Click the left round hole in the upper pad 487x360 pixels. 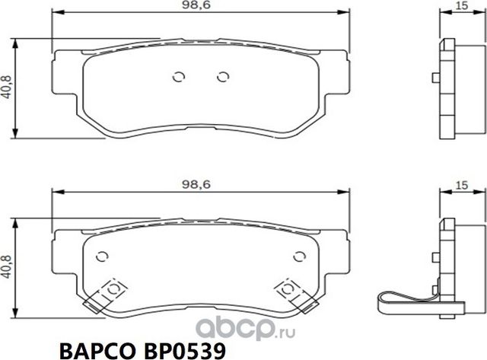coord(180,76)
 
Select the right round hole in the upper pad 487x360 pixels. coord(222,76)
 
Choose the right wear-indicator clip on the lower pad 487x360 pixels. coord(294,294)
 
